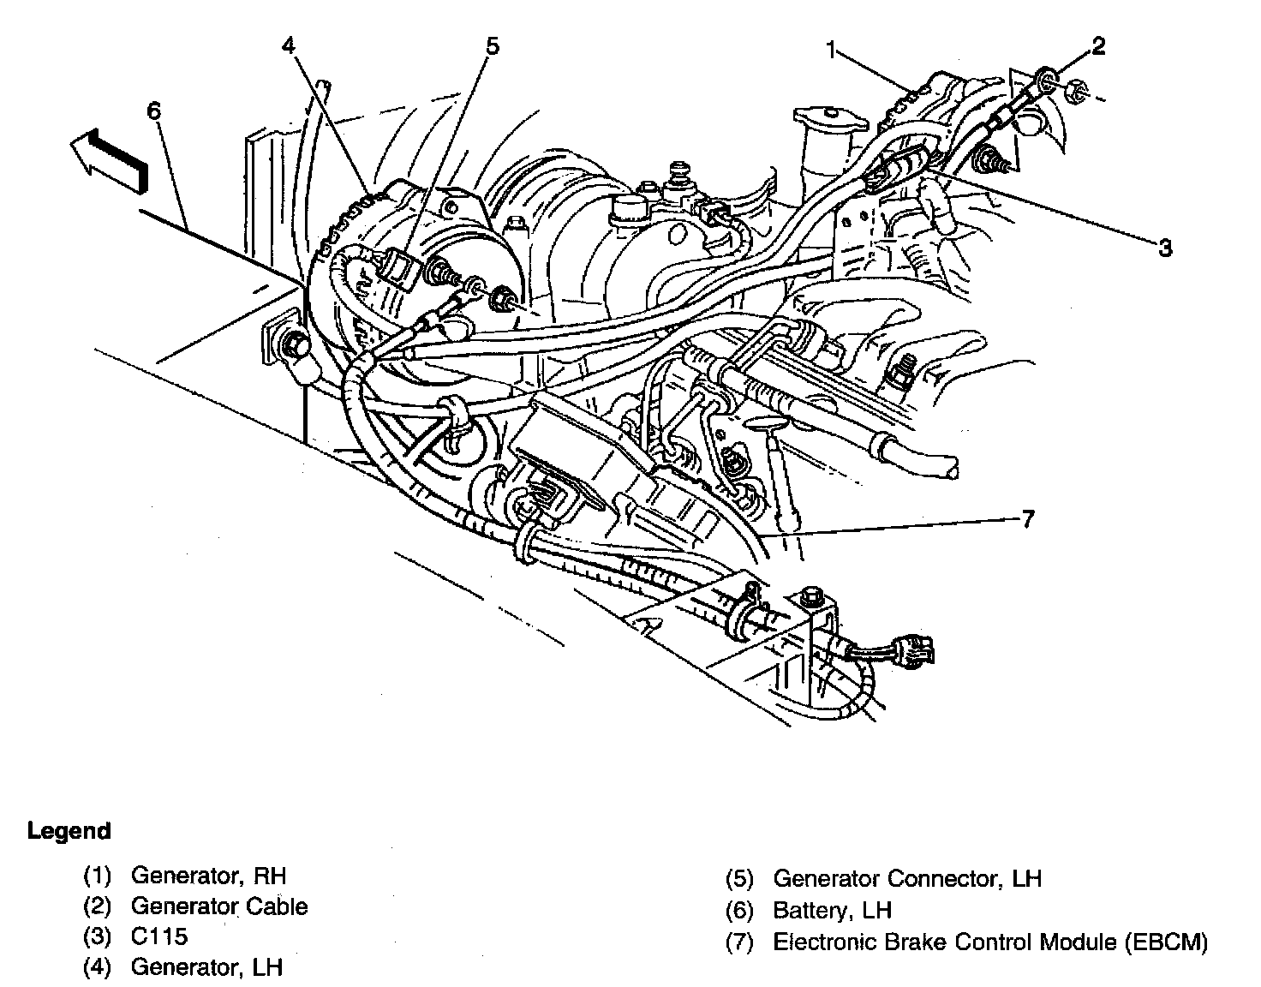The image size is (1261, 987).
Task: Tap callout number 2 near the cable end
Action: pos(1097,45)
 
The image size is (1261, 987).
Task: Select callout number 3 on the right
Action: pos(1164,248)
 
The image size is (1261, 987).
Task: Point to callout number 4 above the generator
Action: pos(289,45)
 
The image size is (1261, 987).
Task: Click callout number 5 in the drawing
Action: pos(491,45)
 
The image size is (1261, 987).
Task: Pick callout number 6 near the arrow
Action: pos(153,111)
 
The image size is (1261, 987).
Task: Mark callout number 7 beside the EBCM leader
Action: pos(1027,518)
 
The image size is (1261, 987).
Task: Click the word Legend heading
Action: pos(69,831)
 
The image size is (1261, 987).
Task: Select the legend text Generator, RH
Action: pos(208,876)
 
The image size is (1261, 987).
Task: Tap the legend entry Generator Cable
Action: pos(218,906)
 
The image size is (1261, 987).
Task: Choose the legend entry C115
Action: pos(159,936)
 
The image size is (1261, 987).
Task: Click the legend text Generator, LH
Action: pos(206,967)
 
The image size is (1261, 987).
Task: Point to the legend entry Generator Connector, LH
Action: pos(906,879)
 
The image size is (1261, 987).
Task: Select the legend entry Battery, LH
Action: pos(832,910)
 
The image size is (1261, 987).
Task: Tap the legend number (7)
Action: pos(739,942)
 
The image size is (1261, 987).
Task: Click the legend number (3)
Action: pos(97,936)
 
